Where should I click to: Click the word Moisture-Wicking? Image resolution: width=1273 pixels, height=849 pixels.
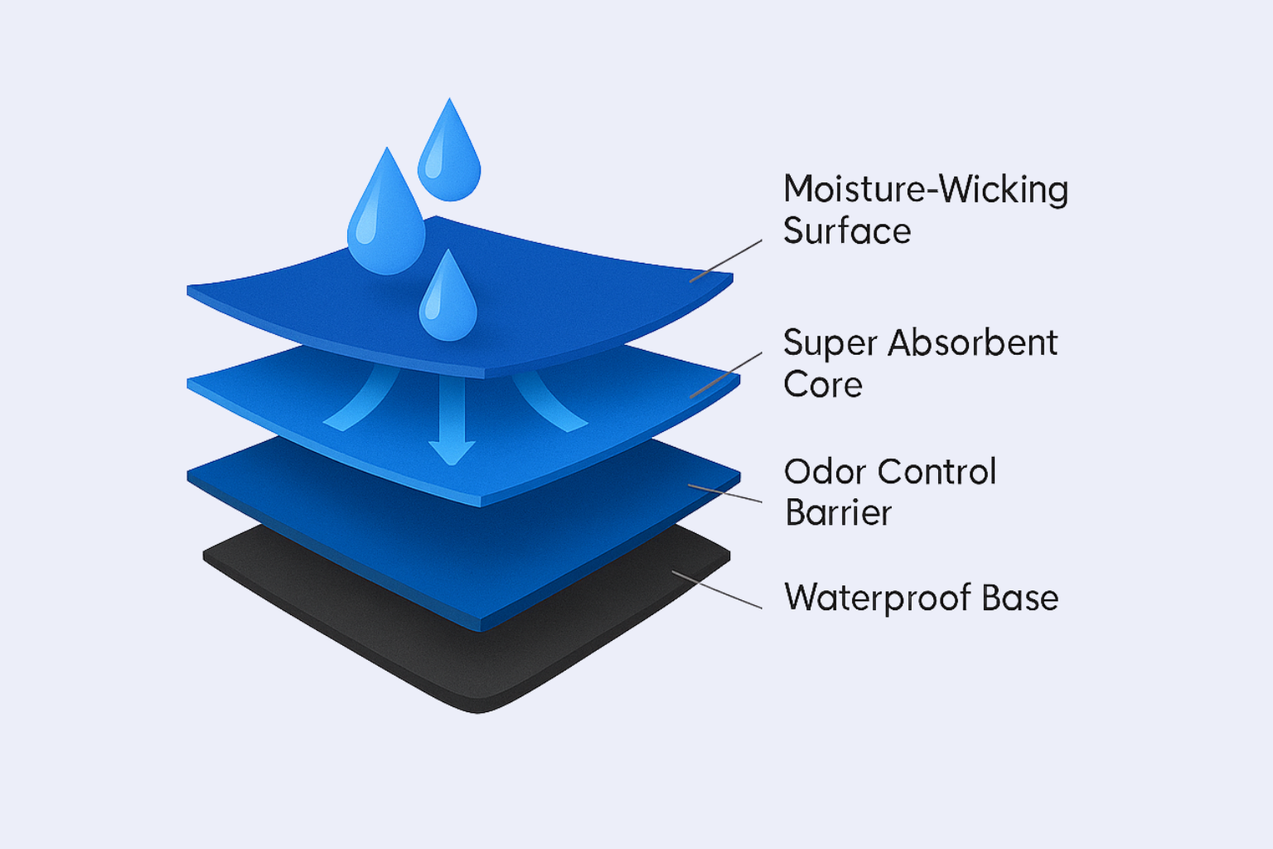[x=926, y=190]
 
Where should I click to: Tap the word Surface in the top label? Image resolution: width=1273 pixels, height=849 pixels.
[x=847, y=230]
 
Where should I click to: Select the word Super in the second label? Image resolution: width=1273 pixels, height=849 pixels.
[x=829, y=344]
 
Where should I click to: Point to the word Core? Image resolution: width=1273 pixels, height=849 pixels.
[x=823, y=385]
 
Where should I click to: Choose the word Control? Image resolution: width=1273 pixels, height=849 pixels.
[x=937, y=472]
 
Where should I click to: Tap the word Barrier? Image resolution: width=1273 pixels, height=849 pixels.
[x=838, y=513]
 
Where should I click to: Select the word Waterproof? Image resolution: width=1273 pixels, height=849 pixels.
[x=876, y=599]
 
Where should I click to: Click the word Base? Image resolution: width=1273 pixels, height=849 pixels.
[x=1020, y=599]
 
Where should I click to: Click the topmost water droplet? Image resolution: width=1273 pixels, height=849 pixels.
[x=449, y=151]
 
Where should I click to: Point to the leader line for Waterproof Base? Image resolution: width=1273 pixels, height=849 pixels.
[x=717, y=590]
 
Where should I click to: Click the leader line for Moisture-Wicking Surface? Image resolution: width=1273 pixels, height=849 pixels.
[x=726, y=261]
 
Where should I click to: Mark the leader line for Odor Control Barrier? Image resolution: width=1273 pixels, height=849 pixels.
[x=725, y=493]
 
